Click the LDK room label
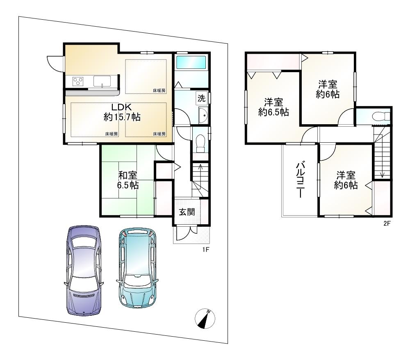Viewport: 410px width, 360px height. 122,112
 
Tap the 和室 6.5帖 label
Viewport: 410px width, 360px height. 128,180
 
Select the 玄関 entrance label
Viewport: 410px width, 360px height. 187,212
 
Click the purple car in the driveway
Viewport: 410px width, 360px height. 84,271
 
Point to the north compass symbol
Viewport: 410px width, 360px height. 205,319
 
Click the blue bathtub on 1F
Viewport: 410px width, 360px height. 191,62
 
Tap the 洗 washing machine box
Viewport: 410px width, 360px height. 201,98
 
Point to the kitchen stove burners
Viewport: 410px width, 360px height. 77,81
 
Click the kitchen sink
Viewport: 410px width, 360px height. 102,81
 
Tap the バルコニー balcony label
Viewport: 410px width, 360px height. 300,180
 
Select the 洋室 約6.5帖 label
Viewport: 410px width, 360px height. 273,107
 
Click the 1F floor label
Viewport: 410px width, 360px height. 205,250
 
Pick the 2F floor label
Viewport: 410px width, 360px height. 387,223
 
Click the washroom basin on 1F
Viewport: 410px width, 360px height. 203,115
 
